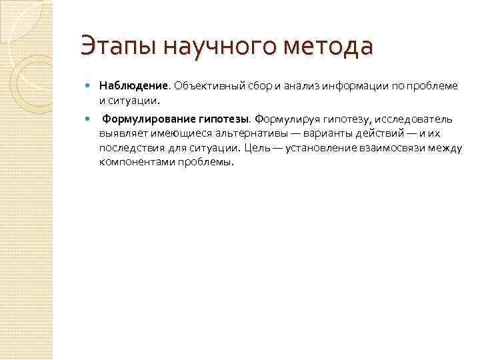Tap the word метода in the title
pos(328,47)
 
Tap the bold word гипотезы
pos(222,119)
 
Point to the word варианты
pos(307,133)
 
